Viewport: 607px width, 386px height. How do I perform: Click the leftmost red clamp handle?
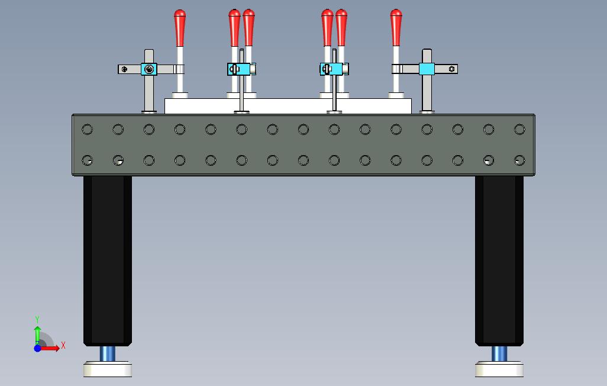coord(180,27)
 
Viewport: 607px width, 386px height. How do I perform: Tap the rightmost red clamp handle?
coord(396,27)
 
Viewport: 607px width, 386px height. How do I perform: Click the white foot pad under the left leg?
coord(108,370)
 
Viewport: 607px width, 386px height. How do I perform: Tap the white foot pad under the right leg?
coord(499,370)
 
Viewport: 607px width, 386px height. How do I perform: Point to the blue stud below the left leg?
coord(108,354)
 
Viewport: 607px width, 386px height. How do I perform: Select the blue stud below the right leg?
coord(499,354)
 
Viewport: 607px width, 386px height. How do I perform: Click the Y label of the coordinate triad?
coord(37,320)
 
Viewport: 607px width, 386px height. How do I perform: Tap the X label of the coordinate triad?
coord(63,345)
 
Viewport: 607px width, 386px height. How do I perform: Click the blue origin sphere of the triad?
coord(37,348)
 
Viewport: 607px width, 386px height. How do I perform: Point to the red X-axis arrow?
coord(52,348)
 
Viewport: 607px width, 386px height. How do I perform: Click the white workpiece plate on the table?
coord(288,106)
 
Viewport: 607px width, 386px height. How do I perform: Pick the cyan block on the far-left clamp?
coord(148,70)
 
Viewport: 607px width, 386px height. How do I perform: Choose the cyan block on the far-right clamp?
coord(427,69)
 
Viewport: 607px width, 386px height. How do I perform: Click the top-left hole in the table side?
coord(88,129)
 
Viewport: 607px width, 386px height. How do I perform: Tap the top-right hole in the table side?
coord(519,129)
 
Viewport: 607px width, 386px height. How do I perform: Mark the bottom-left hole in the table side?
coord(88,160)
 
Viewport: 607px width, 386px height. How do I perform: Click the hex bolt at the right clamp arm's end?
coord(452,69)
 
